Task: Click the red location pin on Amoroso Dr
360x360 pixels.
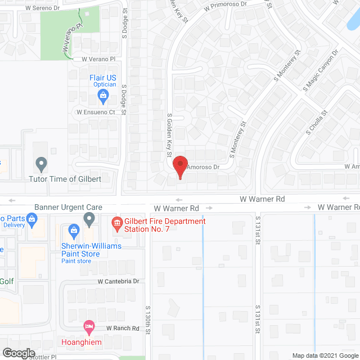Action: point(179,166)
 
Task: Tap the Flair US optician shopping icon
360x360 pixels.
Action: point(103,96)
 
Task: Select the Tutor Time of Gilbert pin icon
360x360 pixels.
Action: point(40,164)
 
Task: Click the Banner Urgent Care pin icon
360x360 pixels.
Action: point(89,218)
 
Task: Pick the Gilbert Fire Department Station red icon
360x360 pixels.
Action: point(117,224)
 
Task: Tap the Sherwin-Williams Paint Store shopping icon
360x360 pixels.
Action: point(73,230)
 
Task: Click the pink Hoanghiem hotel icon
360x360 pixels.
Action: point(88,326)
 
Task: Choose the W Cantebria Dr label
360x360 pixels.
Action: point(118,281)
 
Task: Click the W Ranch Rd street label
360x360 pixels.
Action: point(123,328)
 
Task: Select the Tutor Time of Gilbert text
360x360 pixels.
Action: point(65,179)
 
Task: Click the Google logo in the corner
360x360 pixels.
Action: point(19,353)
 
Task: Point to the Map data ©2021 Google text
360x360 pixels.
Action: point(325,355)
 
